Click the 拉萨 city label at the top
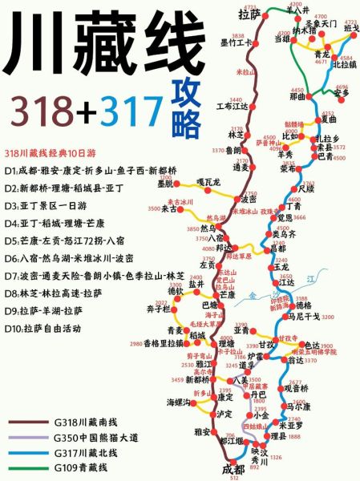click(x=250, y=14)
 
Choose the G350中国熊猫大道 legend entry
click(x=95, y=439)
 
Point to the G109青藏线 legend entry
click(x=80, y=468)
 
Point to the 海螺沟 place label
click(x=177, y=402)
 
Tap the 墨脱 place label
click(x=166, y=183)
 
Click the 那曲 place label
click(x=297, y=96)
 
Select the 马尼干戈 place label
click(x=305, y=317)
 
